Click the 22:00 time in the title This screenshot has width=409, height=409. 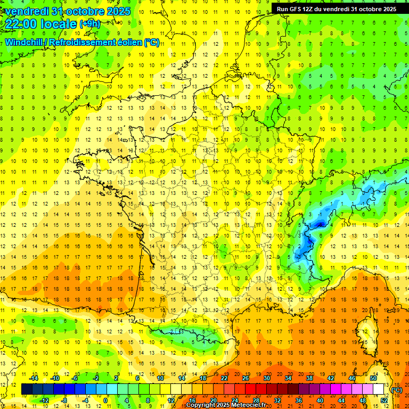point(22,23)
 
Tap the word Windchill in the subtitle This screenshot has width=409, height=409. point(24,42)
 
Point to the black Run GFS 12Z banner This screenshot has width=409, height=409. point(336,9)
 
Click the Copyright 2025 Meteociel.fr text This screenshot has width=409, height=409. point(226,405)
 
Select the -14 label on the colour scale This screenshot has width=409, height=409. point(35,378)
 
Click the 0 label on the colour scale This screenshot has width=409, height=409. point(105,400)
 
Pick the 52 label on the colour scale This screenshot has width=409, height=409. point(384,400)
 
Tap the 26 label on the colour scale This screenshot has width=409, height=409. point(246,378)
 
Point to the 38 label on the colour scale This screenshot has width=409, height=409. point(309,378)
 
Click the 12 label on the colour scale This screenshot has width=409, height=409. point(171,400)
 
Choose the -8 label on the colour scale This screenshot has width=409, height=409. point(65,400)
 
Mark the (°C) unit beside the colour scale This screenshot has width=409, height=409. point(396,389)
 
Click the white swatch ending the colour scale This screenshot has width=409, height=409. point(379,389)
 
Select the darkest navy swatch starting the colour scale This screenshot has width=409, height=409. point(27,389)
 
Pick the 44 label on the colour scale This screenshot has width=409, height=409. point(341,400)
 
